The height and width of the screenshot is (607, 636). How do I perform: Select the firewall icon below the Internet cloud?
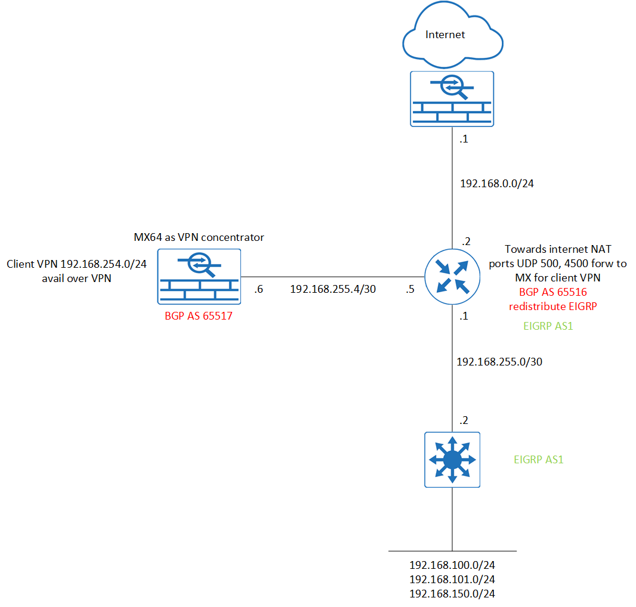point(452,98)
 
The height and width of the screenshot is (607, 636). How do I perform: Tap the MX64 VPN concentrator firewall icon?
point(199,276)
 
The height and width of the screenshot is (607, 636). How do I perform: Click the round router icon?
point(452,277)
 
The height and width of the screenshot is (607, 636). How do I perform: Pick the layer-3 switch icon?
point(452,459)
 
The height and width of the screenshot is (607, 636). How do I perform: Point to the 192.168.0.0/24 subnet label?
point(496,184)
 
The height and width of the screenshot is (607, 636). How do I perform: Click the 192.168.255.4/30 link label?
point(332,289)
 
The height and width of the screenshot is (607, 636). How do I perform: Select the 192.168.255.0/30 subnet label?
point(499,361)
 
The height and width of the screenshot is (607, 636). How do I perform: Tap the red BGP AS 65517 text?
point(198,316)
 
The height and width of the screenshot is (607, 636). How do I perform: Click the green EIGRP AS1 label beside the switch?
point(538,460)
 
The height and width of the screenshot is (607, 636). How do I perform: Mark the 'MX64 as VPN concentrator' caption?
point(199,237)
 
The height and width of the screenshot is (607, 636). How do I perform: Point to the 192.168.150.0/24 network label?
point(452,593)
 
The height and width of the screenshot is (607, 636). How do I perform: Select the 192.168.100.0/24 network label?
point(452,565)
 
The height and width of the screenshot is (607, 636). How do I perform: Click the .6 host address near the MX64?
point(258,289)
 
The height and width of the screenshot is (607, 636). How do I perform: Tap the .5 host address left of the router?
point(410,289)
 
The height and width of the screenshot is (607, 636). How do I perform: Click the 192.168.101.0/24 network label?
point(452,579)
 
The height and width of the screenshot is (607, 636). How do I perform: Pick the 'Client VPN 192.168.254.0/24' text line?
point(76,264)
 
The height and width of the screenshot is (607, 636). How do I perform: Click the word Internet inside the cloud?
point(445,35)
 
